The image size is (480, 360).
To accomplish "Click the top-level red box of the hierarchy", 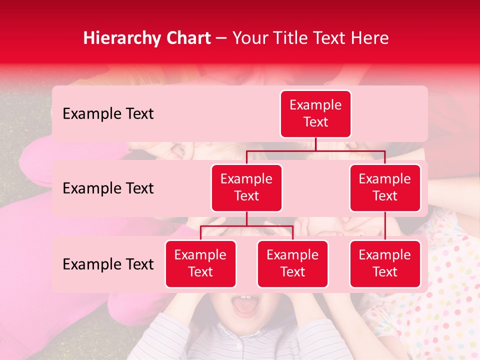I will click(x=315, y=114).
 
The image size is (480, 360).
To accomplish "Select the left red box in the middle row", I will click(x=246, y=187).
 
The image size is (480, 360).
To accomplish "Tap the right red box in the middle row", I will click(x=385, y=187).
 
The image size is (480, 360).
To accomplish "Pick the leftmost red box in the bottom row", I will click(x=200, y=263).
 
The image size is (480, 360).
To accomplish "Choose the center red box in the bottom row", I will click(x=292, y=263).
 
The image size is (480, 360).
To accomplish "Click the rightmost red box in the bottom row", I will click(x=385, y=263).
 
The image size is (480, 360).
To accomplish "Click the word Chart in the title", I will click(x=186, y=38).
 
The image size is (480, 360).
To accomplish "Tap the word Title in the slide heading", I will click(x=285, y=38).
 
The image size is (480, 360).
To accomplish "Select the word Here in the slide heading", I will click(x=370, y=38).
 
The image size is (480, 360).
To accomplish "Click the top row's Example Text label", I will click(x=108, y=114).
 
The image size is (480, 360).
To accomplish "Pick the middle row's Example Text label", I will click(x=108, y=188).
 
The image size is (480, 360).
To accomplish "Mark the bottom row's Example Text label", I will click(x=108, y=264).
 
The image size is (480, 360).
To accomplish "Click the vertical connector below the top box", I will click(x=315, y=144).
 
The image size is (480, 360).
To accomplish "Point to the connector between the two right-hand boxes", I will click(x=385, y=226).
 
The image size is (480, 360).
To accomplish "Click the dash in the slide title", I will click(x=221, y=38).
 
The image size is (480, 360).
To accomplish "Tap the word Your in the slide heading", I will click(x=248, y=38).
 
